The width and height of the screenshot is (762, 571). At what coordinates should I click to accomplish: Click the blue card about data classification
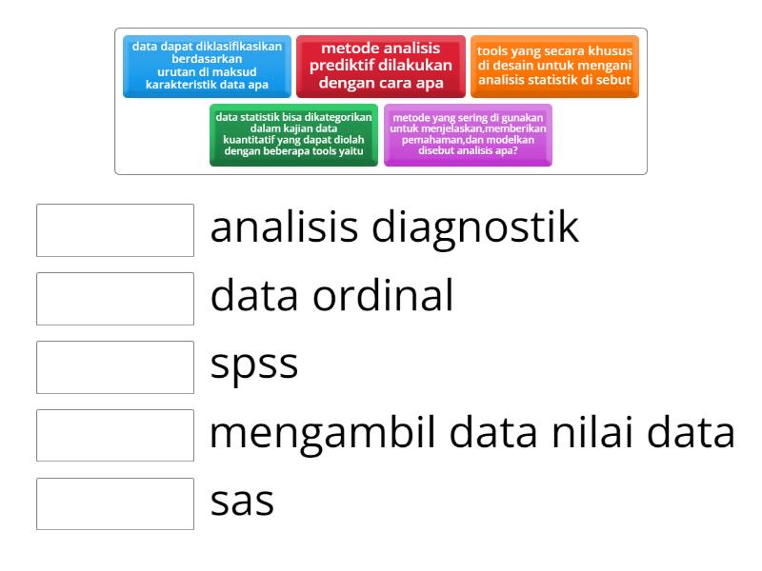coord(207,66)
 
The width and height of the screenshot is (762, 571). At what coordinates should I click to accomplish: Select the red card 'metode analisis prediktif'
coord(381,66)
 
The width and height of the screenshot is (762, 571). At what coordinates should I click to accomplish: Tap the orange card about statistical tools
coord(554,66)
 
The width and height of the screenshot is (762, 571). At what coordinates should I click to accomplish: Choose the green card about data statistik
coord(293,134)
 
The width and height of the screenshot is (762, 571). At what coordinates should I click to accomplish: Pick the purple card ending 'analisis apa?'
coord(468,134)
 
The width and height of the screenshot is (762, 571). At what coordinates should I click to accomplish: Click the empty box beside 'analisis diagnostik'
coord(115,230)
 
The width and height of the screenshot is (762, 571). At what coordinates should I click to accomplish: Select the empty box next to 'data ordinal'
coord(115,298)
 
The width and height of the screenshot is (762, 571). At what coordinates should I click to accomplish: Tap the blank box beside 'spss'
coord(115,366)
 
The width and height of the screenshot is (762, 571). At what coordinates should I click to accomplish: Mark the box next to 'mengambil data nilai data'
coord(115,435)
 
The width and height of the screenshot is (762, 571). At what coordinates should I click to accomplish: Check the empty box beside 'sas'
coord(115,502)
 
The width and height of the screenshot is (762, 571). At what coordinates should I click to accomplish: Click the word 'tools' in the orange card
coord(494,52)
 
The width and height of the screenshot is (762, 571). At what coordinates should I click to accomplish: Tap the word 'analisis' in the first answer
coord(282,230)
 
